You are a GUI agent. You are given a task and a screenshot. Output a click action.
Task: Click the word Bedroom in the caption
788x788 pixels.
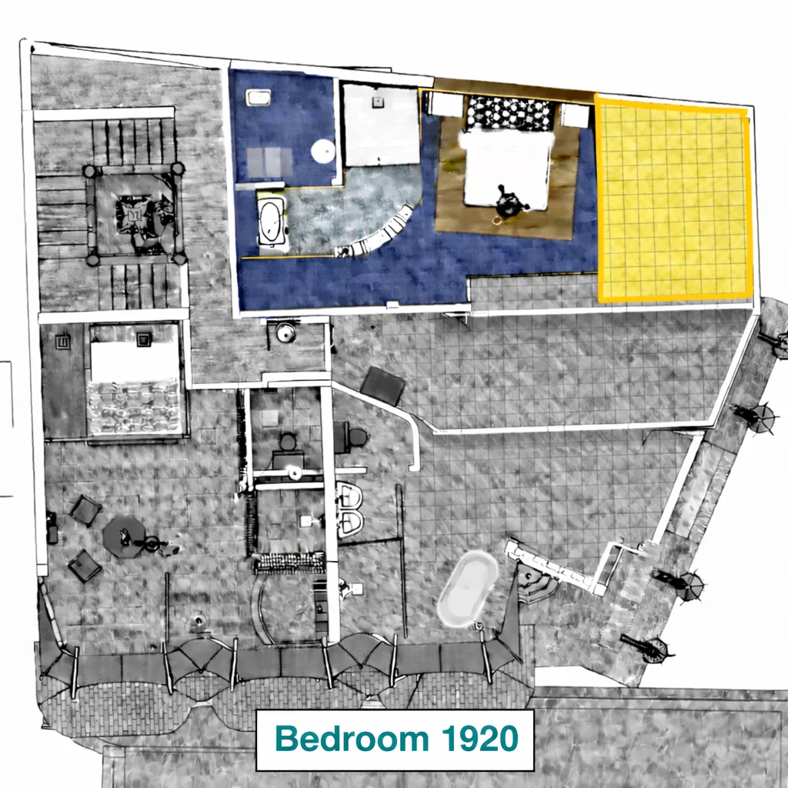(352, 739)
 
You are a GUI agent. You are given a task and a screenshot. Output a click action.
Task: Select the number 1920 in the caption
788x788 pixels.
(480, 739)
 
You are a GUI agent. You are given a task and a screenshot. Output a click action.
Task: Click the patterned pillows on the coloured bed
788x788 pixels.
(511, 114)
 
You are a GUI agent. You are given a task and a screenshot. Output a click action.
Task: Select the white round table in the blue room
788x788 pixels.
(323, 151)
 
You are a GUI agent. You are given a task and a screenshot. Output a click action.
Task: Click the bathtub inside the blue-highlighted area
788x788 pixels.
(272, 223)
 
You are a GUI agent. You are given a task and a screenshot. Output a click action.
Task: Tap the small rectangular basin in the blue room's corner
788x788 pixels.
(259, 97)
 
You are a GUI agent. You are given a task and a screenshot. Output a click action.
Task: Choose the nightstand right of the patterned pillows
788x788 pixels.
(575, 116)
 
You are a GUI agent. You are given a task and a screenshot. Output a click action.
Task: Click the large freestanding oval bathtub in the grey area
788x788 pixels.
(467, 589)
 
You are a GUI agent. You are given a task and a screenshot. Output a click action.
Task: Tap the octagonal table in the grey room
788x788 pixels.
(124, 536)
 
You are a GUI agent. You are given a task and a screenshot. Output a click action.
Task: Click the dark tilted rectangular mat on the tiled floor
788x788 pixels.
(382, 386)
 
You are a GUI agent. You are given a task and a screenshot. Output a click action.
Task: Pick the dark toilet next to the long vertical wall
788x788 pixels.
(356, 437)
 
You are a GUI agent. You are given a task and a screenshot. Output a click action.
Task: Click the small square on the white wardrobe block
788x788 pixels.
(377, 102)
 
